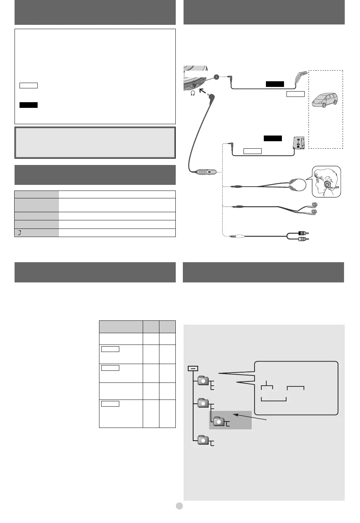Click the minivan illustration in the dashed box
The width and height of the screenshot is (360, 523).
click(324, 100)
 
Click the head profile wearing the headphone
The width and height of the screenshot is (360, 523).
click(326, 182)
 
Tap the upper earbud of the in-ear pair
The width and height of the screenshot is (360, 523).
click(312, 205)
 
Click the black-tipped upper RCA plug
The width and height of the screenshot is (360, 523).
click(302, 233)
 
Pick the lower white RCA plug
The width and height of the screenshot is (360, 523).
click(302, 239)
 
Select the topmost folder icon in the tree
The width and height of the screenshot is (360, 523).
click(203, 381)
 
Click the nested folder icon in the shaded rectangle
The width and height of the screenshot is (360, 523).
click(219, 421)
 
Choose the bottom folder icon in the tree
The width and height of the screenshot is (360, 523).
click(203, 440)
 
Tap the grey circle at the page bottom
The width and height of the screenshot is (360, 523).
click(180, 506)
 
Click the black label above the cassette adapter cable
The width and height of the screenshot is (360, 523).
click(272, 138)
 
